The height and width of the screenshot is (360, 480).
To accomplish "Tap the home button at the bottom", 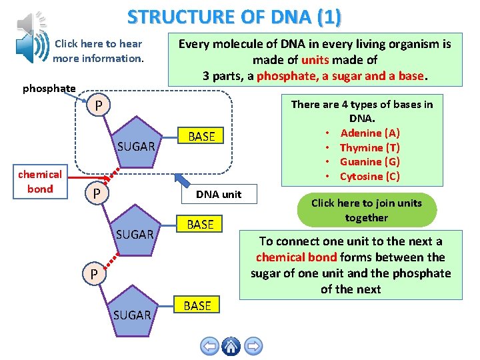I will (231, 346).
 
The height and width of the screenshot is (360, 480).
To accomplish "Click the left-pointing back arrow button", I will (209, 346).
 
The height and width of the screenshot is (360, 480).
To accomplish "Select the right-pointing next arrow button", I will (253, 346).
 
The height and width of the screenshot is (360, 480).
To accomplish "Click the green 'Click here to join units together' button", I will (366, 210).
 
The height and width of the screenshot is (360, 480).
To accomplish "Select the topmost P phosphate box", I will (98, 105).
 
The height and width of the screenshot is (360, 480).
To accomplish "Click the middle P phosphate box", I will (97, 193).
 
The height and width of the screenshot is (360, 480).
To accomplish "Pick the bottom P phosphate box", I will (94, 274).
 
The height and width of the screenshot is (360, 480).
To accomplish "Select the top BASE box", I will (201, 137).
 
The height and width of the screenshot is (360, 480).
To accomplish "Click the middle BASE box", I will (200, 225).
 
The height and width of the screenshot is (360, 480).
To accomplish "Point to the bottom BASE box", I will (197, 306).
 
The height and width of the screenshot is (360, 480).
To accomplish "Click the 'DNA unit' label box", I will (218, 194).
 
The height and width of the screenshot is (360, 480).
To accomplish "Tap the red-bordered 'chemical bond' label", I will (39, 181).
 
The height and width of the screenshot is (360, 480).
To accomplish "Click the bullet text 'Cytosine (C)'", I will (369, 176).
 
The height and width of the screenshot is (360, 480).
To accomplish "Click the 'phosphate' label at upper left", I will (49, 88).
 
